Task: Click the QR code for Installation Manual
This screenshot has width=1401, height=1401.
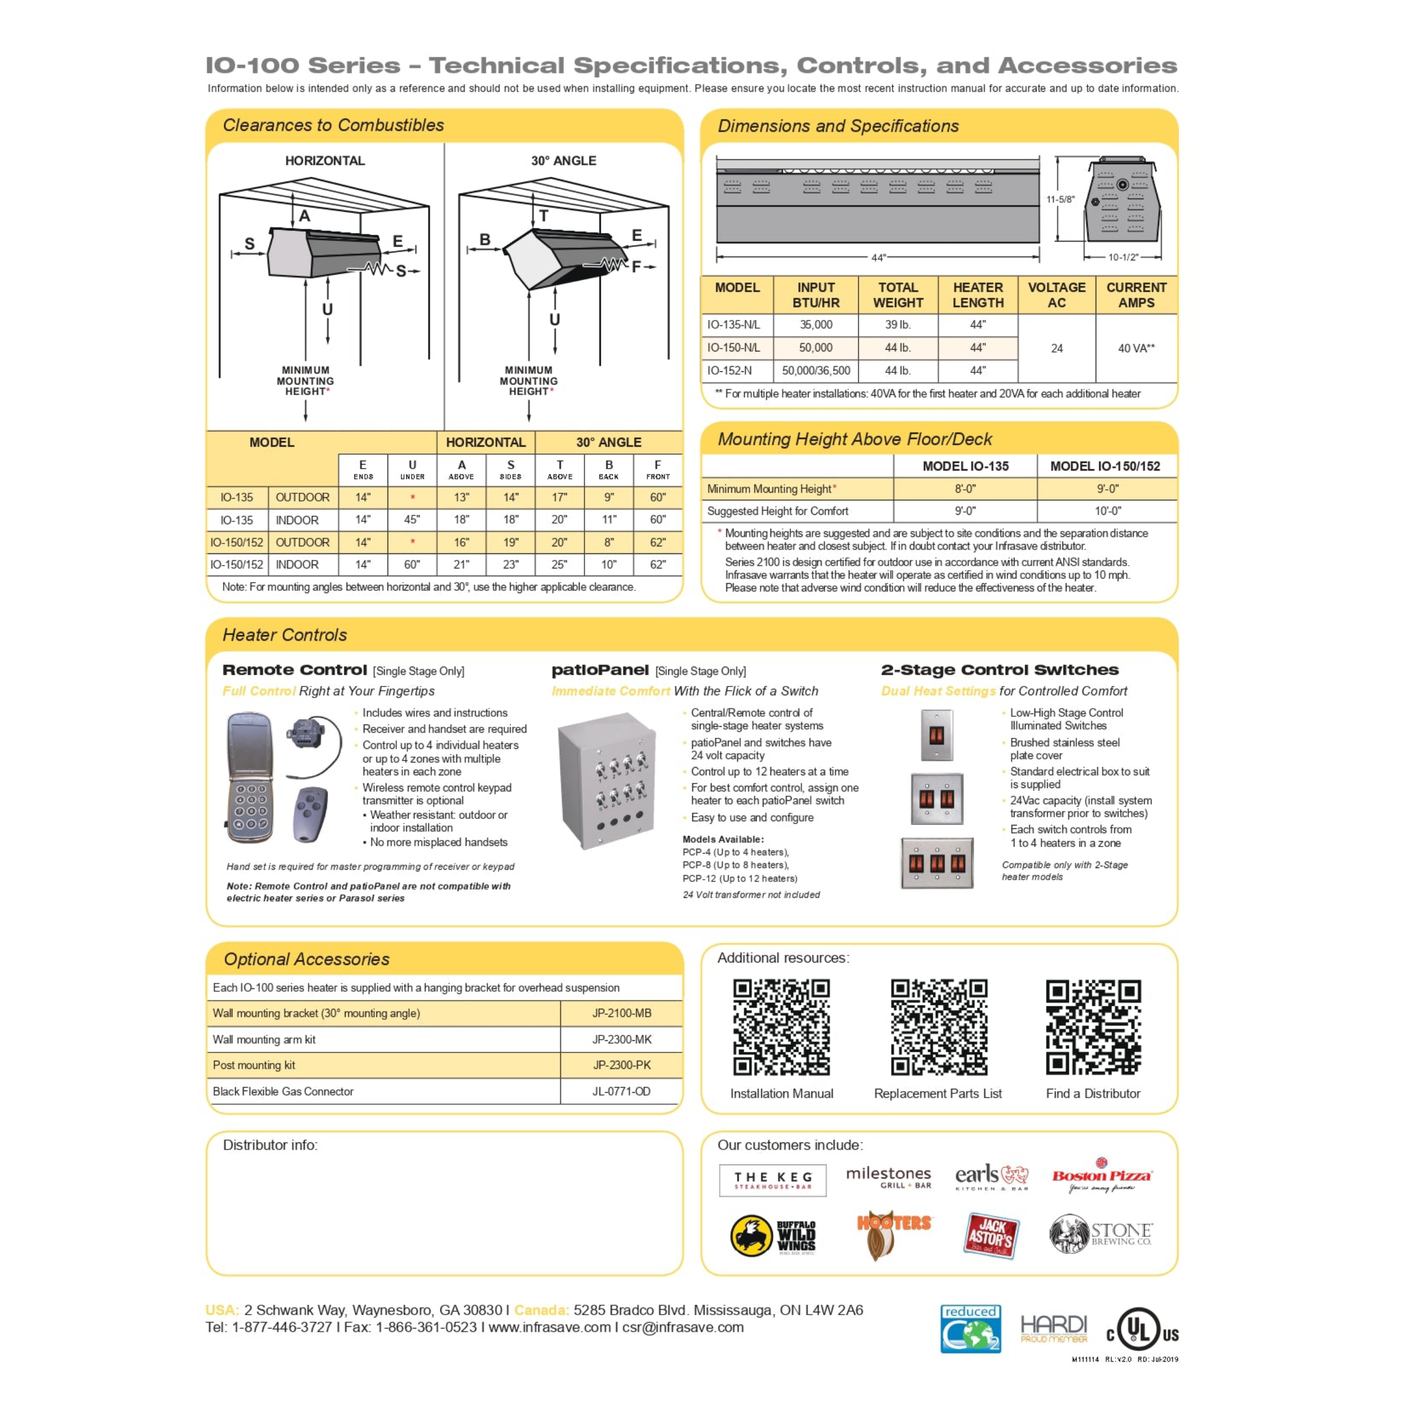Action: pyautogui.click(x=781, y=1027)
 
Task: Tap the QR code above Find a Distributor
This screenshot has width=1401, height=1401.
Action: pyautogui.click(x=1093, y=1027)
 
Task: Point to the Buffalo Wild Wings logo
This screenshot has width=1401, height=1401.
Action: pyautogui.click(x=773, y=1236)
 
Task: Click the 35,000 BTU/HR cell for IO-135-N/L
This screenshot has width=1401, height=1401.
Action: pyautogui.click(x=816, y=325)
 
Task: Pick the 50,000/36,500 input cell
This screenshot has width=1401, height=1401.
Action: pyautogui.click(x=816, y=371)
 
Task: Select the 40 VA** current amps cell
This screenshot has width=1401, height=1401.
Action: pyautogui.click(x=1135, y=348)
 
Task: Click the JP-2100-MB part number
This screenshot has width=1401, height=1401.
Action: pyautogui.click(x=622, y=1013)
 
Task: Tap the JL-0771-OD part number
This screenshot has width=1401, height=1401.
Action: pyautogui.click(x=622, y=1092)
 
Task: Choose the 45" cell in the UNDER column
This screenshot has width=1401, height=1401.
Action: pyautogui.click(x=412, y=520)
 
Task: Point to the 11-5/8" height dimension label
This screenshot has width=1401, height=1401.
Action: pyautogui.click(x=1060, y=200)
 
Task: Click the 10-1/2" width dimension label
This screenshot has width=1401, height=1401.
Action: pyautogui.click(x=1123, y=257)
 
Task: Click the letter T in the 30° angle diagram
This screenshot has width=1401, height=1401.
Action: pyautogui.click(x=543, y=215)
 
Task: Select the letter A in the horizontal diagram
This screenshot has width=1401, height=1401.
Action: pyautogui.click(x=305, y=215)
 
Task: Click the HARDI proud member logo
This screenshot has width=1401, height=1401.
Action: pyautogui.click(x=1054, y=1329)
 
